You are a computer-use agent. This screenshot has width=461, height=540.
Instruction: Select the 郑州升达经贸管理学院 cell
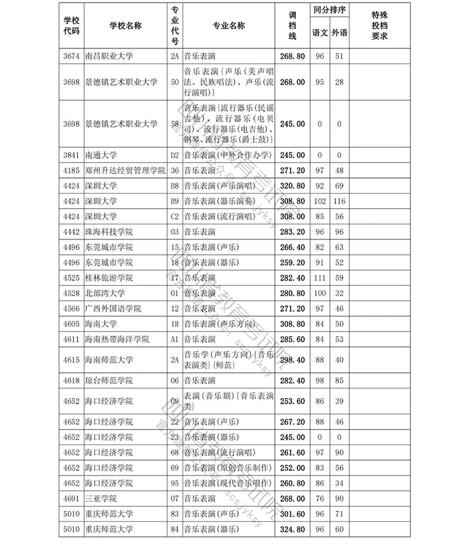tap(125, 171)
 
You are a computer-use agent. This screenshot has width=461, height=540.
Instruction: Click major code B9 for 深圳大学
tap(174, 201)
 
